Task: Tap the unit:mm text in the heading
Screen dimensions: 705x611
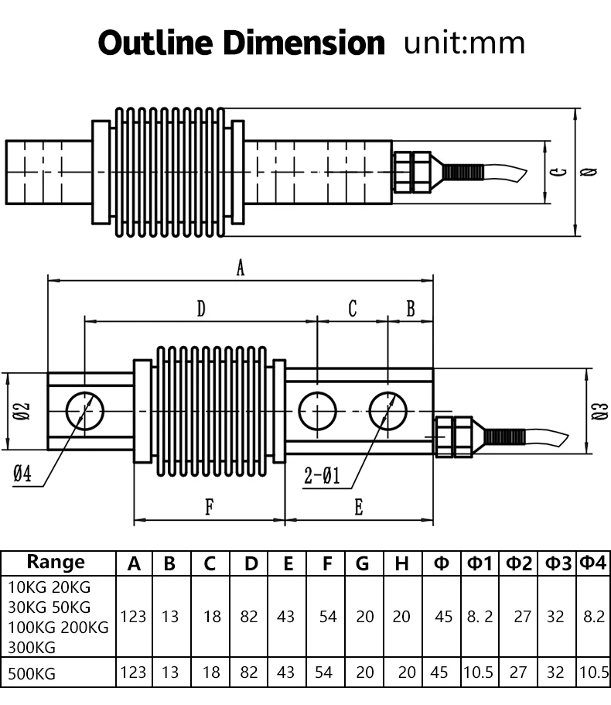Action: click(465, 43)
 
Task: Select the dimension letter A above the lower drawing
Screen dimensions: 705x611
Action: click(241, 268)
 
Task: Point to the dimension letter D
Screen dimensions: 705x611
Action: click(201, 310)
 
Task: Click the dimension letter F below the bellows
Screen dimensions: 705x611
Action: click(209, 508)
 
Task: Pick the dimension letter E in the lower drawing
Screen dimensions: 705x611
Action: click(359, 508)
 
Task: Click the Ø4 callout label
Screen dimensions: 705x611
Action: click(22, 474)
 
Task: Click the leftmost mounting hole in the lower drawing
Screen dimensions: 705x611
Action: click(84, 410)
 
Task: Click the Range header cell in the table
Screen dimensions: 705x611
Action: click(56, 562)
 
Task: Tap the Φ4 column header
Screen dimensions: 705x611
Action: click(594, 563)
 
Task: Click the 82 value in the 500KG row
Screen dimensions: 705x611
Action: click(249, 672)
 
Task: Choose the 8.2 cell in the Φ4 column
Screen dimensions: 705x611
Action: click(594, 617)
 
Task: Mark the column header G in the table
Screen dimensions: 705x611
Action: click(363, 563)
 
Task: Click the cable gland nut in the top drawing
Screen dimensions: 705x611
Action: click(411, 172)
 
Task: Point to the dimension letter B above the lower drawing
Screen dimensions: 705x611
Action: click(411, 310)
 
